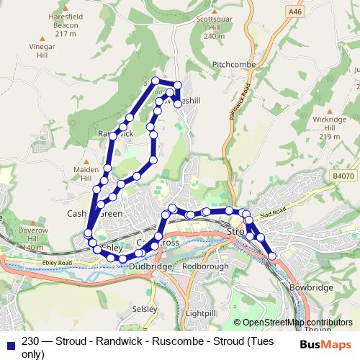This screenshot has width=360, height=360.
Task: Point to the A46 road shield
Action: coord(293,12)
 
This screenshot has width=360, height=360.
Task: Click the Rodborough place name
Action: coord(205,266)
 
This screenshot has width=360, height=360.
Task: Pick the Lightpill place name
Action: coord(200,314)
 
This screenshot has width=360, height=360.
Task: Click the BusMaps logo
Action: coord(325,344)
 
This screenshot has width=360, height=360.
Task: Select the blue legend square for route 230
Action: coord(9,345)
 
